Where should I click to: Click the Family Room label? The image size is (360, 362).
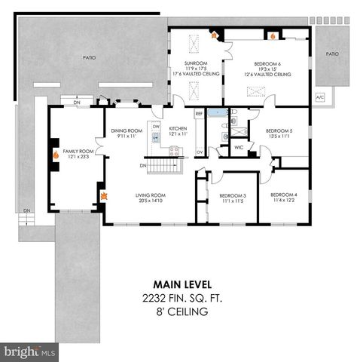click(x=75, y=152)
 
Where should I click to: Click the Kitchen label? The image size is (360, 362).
click(x=178, y=130)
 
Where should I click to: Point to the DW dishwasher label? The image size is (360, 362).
click(x=157, y=127)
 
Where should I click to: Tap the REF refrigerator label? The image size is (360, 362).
click(x=199, y=113)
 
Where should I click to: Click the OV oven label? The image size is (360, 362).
click(x=200, y=152)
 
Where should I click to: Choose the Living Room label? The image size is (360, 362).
click(x=151, y=198)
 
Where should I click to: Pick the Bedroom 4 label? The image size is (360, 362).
click(x=284, y=198)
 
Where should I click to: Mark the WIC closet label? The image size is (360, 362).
click(x=239, y=146)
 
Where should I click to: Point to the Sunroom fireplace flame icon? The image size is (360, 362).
click(x=213, y=34)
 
